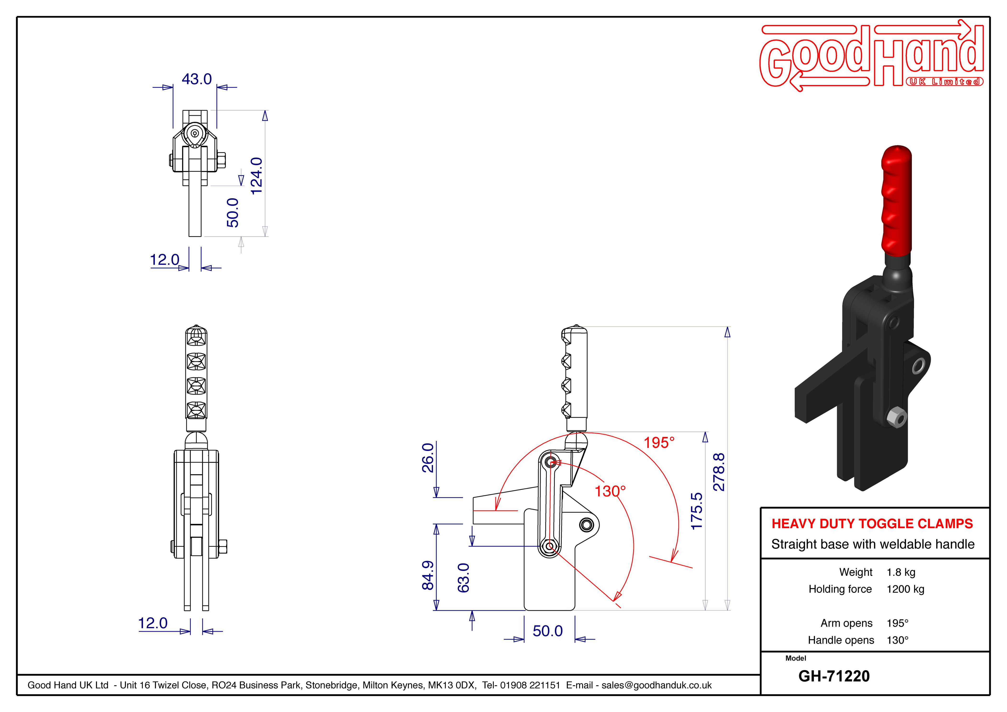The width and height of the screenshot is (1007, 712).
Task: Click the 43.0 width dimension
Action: click(x=196, y=79)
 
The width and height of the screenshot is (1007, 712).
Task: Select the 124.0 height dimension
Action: click(x=256, y=176)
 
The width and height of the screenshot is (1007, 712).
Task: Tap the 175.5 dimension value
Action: click(x=696, y=511)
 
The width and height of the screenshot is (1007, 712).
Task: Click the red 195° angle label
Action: click(x=659, y=443)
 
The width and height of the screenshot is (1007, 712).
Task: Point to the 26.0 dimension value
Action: click(x=428, y=457)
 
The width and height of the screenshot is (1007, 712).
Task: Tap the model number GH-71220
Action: click(x=834, y=676)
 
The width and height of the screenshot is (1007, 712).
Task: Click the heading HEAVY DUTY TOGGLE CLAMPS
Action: click(x=872, y=523)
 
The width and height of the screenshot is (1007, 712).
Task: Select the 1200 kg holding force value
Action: click(x=905, y=589)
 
